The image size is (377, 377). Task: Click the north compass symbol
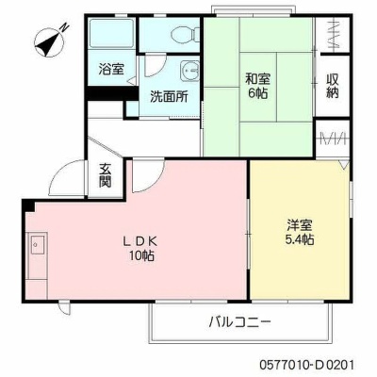coord(50,41)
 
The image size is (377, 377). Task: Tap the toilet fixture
coord(186,34)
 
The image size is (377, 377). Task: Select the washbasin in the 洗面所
coord(189,72)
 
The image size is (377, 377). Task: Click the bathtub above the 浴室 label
coord(112,33)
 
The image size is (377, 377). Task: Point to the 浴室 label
coord(111,69)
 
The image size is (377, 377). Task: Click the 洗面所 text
coord(169,96)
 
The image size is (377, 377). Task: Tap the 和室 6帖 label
coord(257,86)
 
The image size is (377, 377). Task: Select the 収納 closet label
coord(333,86)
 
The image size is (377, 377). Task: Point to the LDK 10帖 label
coord(140,249)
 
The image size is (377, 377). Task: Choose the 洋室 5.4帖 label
coord(299,232)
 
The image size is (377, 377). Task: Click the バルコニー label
coord(240,321)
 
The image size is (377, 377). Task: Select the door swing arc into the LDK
coord(155,182)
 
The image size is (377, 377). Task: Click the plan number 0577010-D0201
coord(307,365)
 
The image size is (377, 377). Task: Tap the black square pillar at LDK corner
coord(28,205)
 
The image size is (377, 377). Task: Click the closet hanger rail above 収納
coord(334,34)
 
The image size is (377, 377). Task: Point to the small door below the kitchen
coord(65,309)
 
